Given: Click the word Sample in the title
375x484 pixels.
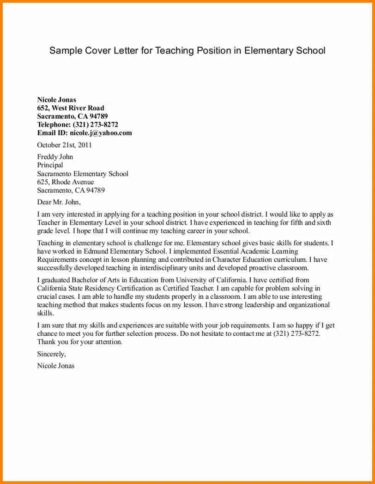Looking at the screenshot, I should tap(65, 50).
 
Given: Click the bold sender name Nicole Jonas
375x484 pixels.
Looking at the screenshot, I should tap(56, 100).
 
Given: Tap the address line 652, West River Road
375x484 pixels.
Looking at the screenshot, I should tap(70, 108).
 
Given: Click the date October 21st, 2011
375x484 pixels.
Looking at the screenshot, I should tap(64, 145).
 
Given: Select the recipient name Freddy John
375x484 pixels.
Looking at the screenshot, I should tap(55, 157).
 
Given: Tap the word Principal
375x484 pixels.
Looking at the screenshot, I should tap(50, 165).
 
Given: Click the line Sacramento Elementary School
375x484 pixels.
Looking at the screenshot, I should tap(82, 174).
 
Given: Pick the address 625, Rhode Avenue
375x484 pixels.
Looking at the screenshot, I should tap(65, 182).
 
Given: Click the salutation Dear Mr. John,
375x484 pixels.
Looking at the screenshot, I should tap(59, 202).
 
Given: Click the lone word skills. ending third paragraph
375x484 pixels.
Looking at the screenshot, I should tap(45, 313).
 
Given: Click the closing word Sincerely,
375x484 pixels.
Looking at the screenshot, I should tap(51, 354).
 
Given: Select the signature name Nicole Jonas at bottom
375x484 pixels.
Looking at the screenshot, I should tap(55, 366).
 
